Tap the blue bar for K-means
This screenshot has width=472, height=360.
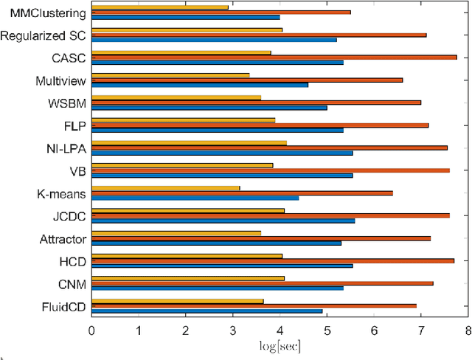(x=195, y=198)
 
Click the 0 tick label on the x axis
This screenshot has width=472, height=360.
(x=91, y=331)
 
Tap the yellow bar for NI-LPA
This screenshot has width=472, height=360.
(x=189, y=142)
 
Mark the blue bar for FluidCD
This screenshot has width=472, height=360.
(x=206, y=311)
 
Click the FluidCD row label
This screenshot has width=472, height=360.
(x=61, y=306)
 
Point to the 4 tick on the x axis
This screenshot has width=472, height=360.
(x=280, y=331)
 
